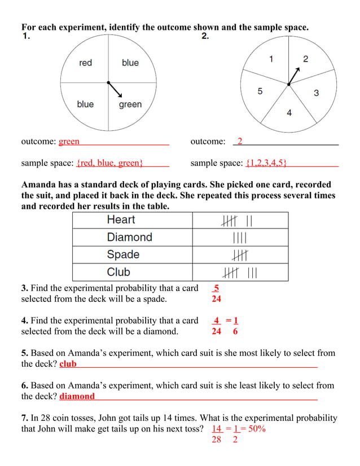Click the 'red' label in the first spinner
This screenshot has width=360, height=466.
[x=85, y=63]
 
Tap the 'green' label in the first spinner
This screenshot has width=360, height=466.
[x=130, y=104]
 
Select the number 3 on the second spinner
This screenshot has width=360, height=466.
[x=316, y=93]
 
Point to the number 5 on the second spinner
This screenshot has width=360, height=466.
[x=260, y=91]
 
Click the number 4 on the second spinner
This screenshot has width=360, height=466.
[x=289, y=113]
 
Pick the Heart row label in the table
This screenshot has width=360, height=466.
[x=121, y=220]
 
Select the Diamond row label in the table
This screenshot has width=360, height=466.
[x=129, y=237]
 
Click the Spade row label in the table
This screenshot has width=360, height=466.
[x=123, y=254]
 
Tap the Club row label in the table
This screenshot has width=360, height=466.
[x=118, y=272]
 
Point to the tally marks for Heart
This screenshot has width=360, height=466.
[x=240, y=221]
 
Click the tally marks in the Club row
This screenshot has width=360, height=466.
[x=240, y=273]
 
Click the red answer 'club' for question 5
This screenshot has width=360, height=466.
[x=68, y=364]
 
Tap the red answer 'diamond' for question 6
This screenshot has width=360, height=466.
[x=77, y=396]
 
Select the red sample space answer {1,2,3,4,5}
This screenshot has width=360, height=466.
[x=266, y=163]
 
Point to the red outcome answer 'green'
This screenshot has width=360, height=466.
[x=69, y=141]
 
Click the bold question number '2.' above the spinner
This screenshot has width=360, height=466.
[x=205, y=36]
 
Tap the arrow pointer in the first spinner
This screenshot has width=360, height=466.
[x=115, y=89]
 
